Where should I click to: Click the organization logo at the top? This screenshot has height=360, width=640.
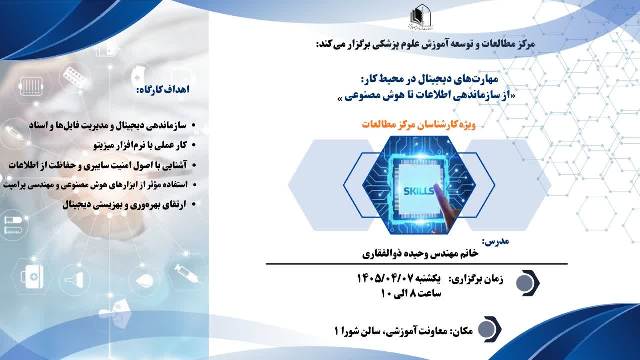click(421, 17)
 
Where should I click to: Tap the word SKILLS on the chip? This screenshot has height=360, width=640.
click(419, 191)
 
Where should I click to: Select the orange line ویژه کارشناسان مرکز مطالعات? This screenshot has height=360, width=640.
click(419, 125)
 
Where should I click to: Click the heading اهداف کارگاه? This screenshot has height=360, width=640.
click(163, 89)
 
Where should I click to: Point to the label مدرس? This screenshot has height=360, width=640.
click(495, 241)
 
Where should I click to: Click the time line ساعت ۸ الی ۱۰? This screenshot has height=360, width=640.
click(411, 293)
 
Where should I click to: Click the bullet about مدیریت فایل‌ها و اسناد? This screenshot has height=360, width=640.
click(112, 125)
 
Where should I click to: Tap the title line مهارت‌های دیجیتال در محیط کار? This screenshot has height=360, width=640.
click(429, 79)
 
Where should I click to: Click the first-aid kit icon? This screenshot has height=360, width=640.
click(32, 276)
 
